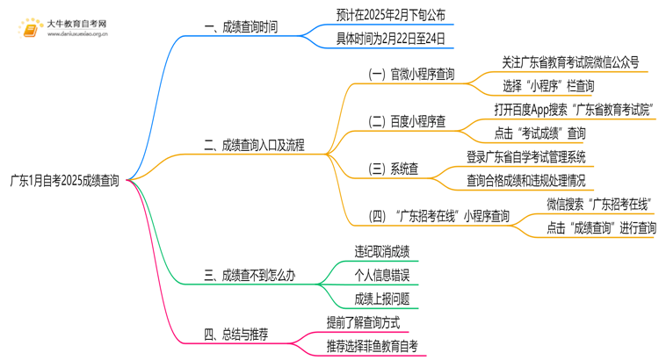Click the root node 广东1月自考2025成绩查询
pyautogui.click(x=64, y=182)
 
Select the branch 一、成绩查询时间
pyautogui.click(x=241, y=27)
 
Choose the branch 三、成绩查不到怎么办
pyautogui.click(x=250, y=276)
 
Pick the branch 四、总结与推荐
pyautogui.click(x=236, y=335)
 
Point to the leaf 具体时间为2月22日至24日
pyautogui.click(x=391, y=39)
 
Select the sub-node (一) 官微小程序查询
pyautogui.click(x=411, y=75)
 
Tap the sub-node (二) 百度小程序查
pyautogui.click(x=406, y=122)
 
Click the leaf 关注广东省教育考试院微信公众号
pyautogui.click(x=570, y=62)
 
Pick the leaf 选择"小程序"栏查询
pyautogui.click(x=548, y=86)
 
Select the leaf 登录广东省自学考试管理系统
pyautogui.click(x=526, y=157)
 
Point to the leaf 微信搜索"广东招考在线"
pyautogui.click(x=597, y=205)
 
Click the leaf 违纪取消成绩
pyautogui.click(x=381, y=252)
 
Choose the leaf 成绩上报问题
pyautogui.click(x=381, y=299)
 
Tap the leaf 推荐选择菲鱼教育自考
pyautogui.click(x=372, y=346)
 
